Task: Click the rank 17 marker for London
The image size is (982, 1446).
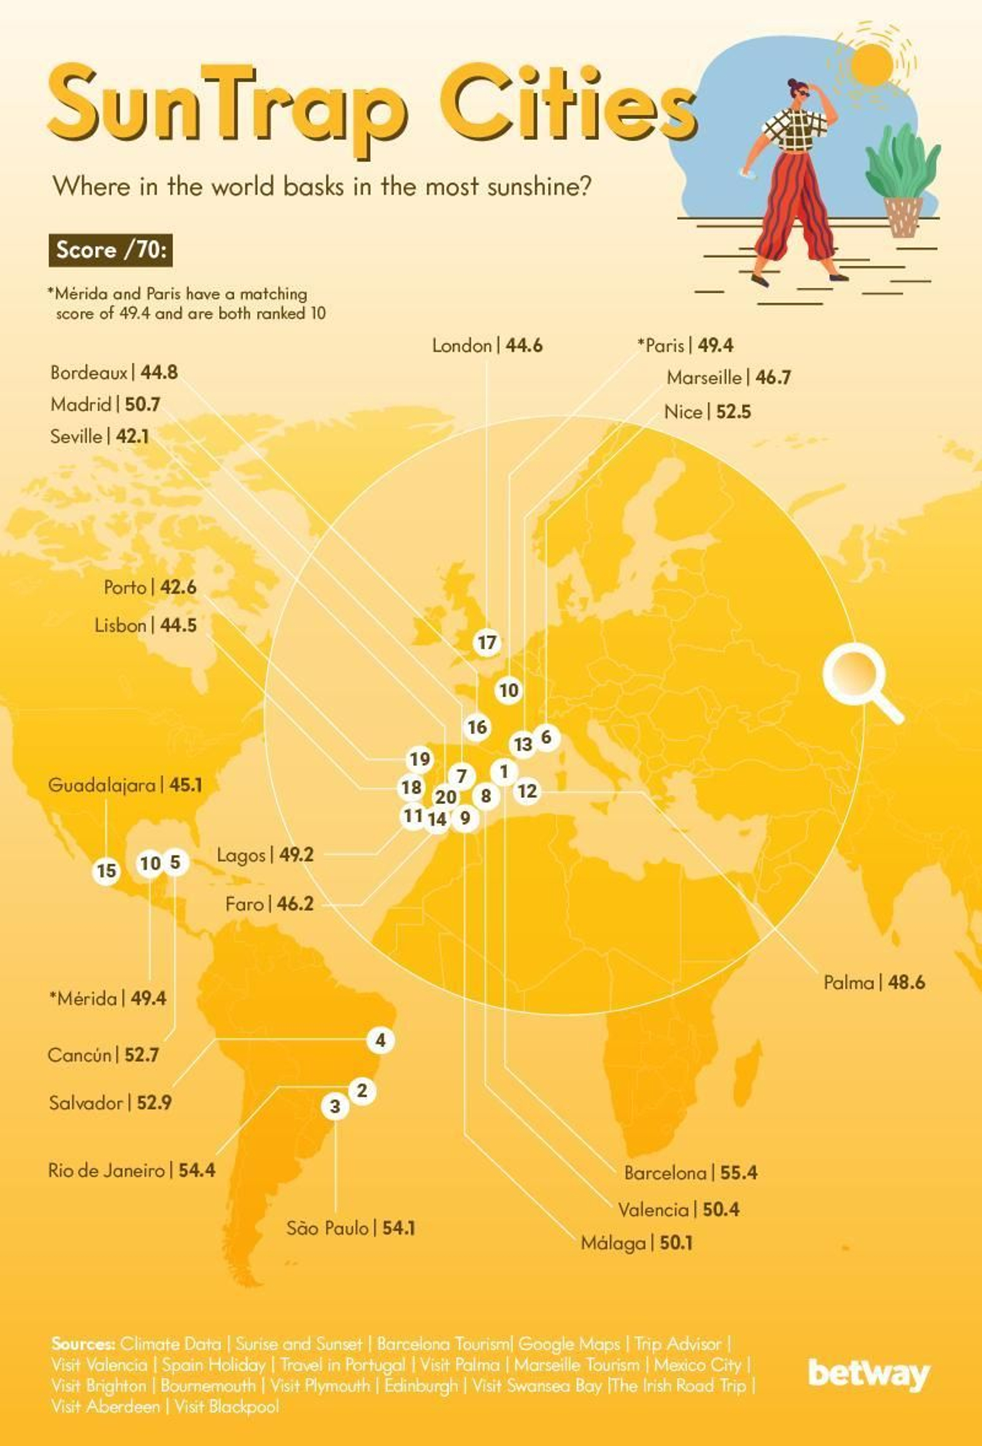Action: coord(487,642)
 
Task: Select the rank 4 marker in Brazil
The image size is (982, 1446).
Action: coord(381,1040)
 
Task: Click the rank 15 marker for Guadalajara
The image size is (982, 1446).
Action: coord(106,870)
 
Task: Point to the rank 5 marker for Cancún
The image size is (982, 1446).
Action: coord(175,862)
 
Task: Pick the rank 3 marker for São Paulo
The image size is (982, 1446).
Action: coord(336,1106)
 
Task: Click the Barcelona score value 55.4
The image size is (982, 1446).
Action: coord(739,1173)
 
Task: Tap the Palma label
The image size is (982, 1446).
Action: coord(849,983)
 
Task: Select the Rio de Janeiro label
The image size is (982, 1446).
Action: coord(106,1170)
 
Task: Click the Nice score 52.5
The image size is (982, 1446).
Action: coord(733,412)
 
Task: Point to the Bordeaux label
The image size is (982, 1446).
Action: coord(89,373)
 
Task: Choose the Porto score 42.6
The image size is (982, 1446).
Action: coord(178,587)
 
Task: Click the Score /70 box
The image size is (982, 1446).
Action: coord(110,250)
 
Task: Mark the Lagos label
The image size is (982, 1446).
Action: coord(241,855)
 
